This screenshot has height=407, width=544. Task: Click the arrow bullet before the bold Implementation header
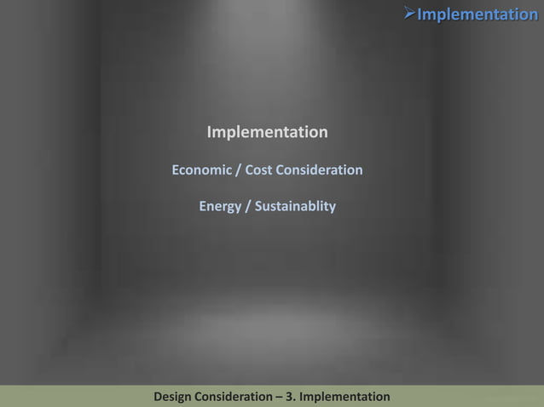[x=408, y=14]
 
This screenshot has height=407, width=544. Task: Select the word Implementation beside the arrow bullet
[x=477, y=14]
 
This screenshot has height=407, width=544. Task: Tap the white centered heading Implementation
[x=267, y=133]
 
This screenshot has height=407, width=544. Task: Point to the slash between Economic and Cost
[x=238, y=170]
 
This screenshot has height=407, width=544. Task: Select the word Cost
[x=258, y=170]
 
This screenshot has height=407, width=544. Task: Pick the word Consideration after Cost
[x=319, y=170]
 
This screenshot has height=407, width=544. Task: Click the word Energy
[x=220, y=207]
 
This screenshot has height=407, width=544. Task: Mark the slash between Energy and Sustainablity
[x=248, y=207]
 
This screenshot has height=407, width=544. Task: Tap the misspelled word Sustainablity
[x=295, y=207]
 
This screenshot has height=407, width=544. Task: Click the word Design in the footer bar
[x=173, y=398]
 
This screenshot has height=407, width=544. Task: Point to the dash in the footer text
[x=285, y=398]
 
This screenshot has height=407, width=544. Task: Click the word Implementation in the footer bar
[x=346, y=398]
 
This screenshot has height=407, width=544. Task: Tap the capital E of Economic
[x=176, y=170]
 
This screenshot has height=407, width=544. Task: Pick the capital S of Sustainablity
[x=258, y=207]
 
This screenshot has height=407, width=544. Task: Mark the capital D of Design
[x=158, y=398]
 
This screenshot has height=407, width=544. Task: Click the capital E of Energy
[x=203, y=207]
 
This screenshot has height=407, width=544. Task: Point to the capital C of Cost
[x=249, y=170]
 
